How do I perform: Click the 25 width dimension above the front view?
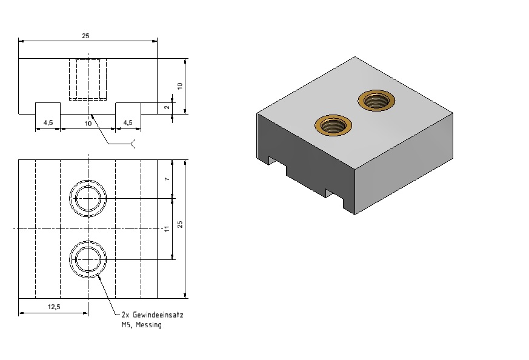pyautogui.click(x=85, y=36)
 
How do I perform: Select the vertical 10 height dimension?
pyautogui.click(x=179, y=86)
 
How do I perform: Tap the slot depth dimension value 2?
pyautogui.click(x=167, y=107)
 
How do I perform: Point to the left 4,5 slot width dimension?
pyautogui.click(x=48, y=122)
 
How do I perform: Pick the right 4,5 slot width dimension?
pyautogui.click(x=128, y=122)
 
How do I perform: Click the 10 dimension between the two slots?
pyautogui.click(x=88, y=124)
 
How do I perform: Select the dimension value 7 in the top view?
pyautogui.click(x=167, y=179)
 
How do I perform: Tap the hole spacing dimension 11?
pyautogui.click(x=167, y=229)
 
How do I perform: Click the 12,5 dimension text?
pyautogui.click(x=54, y=307)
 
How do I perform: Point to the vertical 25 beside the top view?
pyautogui.click(x=180, y=224)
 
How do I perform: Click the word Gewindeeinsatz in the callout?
pyautogui.click(x=158, y=315)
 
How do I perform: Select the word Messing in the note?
pyautogui.click(x=148, y=325)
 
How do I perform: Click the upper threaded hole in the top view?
pyautogui.click(x=88, y=198)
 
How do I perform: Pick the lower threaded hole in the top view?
pyautogui.click(x=88, y=259)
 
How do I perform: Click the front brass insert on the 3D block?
pyautogui.click(x=333, y=125)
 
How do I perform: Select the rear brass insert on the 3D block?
pyautogui.click(x=376, y=100)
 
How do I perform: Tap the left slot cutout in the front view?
pyautogui.click(x=48, y=108)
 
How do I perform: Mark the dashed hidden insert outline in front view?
pyautogui.click(x=88, y=79)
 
